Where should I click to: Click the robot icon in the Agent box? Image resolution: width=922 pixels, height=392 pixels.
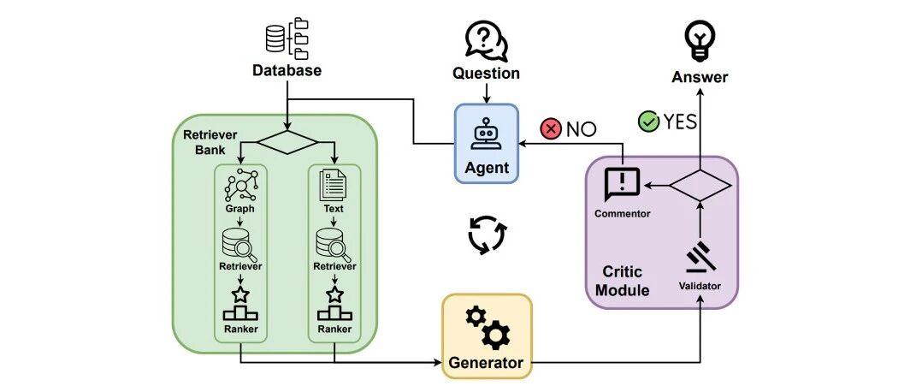487,133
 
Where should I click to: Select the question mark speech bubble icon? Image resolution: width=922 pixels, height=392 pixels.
487,41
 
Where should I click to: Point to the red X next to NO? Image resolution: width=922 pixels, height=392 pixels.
551,129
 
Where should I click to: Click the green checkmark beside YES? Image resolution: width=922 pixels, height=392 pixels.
648,122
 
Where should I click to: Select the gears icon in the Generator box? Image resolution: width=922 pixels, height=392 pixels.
488,327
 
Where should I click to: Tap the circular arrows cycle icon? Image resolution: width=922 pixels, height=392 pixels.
487,235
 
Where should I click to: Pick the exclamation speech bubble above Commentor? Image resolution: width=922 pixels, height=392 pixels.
622,184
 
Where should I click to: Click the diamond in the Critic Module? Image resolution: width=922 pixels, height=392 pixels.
700,186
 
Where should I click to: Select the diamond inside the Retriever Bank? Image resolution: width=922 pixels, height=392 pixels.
288,143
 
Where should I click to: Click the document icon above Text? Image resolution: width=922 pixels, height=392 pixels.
334,186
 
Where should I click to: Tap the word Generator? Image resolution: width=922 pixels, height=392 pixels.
486,362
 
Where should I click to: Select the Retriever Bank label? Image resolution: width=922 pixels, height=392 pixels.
210,140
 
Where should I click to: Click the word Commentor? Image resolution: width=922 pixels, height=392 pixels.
622,214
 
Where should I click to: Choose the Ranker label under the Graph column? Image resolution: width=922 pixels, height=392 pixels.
240,329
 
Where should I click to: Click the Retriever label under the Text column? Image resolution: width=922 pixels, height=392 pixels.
334,266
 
